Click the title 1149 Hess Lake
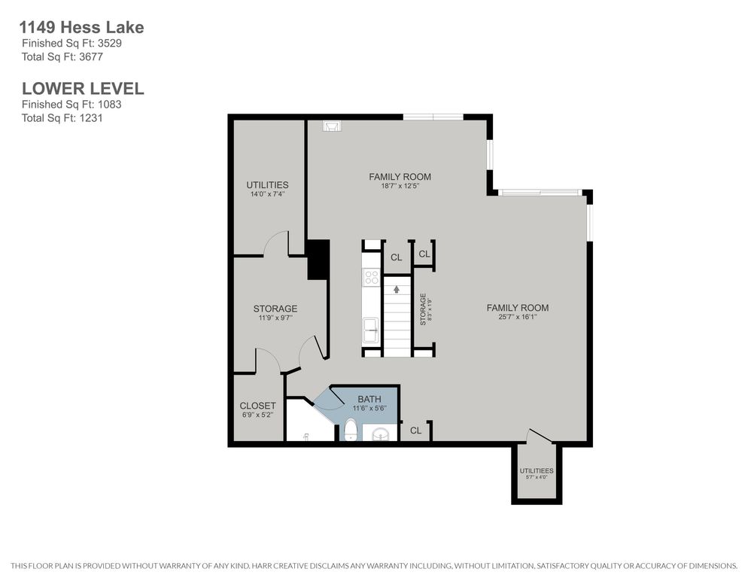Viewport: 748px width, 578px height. point(81,27)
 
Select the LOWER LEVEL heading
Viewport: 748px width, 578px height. point(83,89)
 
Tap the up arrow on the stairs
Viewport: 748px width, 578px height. point(397,289)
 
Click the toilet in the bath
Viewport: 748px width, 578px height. point(351,430)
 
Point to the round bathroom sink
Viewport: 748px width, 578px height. point(381,433)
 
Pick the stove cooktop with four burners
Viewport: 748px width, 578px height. point(371,277)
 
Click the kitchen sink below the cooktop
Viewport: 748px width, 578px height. point(371,330)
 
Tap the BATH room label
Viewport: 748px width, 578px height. point(369,399)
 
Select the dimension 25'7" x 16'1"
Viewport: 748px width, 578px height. point(518,316)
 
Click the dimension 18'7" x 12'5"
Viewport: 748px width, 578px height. point(400,186)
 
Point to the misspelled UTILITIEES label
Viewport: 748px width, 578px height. point(537,470)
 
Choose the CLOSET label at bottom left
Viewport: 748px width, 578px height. point(257,406)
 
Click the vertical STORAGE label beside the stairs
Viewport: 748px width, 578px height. point(423,309)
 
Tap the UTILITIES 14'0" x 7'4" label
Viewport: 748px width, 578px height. point(267,189)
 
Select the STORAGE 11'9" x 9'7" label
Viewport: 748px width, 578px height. point(275,312)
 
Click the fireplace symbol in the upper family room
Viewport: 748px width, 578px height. point(331,126)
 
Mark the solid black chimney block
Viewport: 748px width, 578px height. point(318,259)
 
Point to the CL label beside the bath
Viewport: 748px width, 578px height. point(415,430)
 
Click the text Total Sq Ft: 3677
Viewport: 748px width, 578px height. point(62,56)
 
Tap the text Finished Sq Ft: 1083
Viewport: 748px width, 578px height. point(71,105)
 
